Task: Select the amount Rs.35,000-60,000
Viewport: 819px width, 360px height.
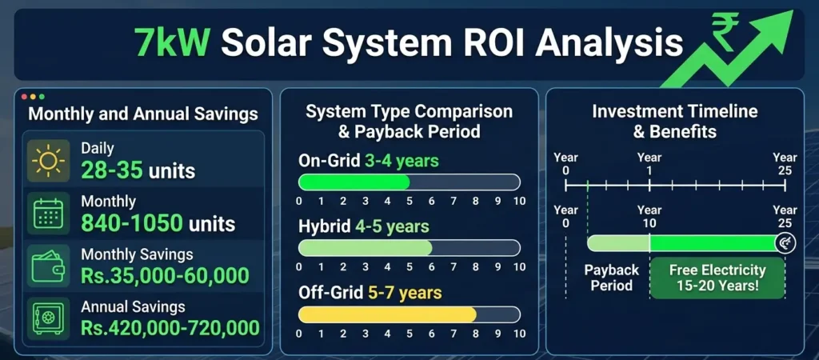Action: (165, 276)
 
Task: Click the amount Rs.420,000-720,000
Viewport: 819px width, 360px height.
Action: (170, 327)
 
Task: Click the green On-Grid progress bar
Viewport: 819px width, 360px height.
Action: (354, 182)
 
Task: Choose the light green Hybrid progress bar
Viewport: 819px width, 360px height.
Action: (366, 248)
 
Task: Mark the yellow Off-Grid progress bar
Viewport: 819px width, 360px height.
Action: (388, 314)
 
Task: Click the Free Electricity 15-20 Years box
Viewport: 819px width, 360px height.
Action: (717, 278)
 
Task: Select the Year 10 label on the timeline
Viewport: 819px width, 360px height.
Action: (649, 215)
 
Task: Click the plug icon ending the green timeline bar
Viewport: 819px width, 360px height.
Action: (785, 243)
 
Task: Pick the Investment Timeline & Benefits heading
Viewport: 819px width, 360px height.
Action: (674, 121)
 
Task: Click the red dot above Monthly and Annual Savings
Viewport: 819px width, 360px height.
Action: (23, 96)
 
